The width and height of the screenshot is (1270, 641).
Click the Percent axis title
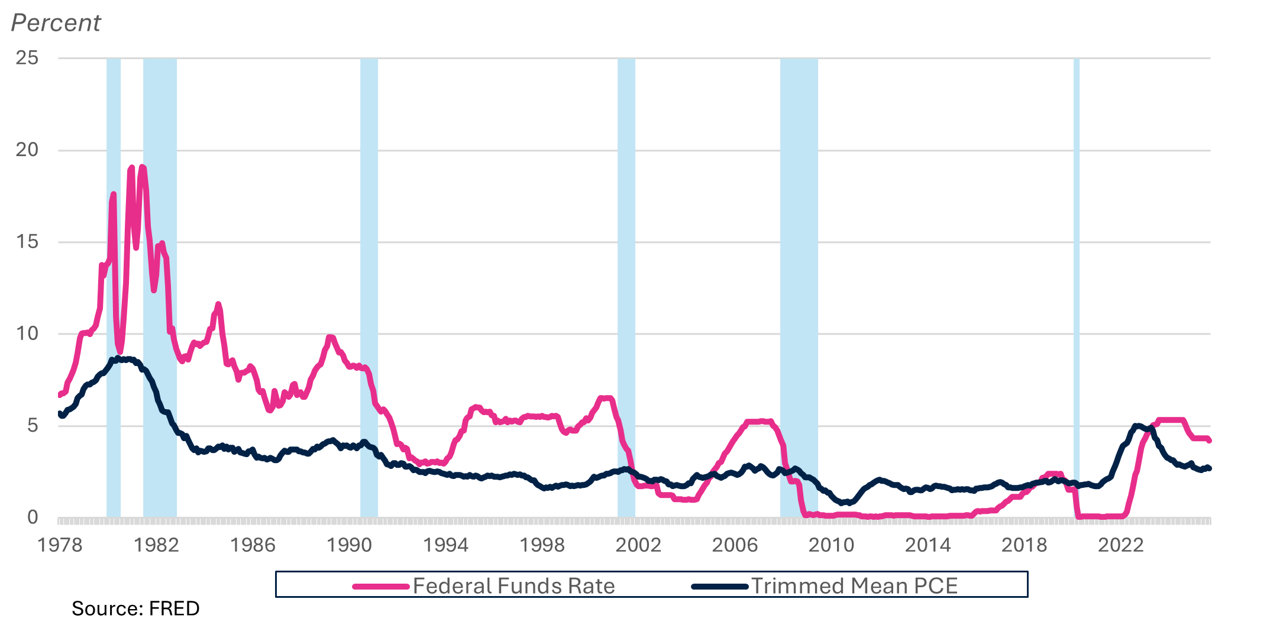pos(56,23)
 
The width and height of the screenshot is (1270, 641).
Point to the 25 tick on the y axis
pos(27,58)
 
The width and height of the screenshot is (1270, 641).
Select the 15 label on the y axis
pos(27,242)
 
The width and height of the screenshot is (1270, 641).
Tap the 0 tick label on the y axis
pos(33,517)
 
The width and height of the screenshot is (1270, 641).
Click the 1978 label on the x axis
pos(60,545)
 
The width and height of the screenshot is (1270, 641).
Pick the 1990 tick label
pos(349,545)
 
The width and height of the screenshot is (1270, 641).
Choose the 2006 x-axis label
pos(735,545)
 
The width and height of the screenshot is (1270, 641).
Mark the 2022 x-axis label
pos(1120,545)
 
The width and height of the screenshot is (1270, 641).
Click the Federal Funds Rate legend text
pos(513,586)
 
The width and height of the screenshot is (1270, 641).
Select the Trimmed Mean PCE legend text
pos(854,586)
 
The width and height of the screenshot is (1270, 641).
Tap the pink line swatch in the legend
pos(381,587)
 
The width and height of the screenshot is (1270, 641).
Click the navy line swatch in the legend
pos(720,587)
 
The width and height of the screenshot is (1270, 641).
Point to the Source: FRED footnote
pos(135,608)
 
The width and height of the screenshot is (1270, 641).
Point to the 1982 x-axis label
pos(156,545)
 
